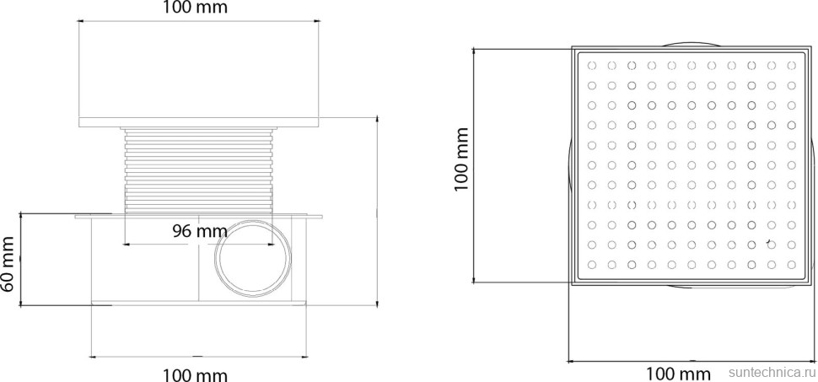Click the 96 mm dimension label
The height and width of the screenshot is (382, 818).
[x=200, y=230]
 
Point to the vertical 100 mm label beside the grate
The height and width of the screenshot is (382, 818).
[x=462, y=165]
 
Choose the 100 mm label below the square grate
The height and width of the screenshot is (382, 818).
[x=677, y=373]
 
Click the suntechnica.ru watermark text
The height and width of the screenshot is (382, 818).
[x=771, y=372]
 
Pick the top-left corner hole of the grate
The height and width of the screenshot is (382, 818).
[x=591, y=65]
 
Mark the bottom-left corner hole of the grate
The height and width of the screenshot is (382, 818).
[x=591, y=266]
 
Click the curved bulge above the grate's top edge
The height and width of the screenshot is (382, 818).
[x=689, y=44]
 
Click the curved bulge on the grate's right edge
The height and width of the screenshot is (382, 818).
[x=813, y=165]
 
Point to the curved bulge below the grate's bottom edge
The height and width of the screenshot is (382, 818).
[x=689, y=288]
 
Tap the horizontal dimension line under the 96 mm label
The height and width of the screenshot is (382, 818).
[x=200, y=245]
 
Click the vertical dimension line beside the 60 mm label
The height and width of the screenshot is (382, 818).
[x=23, y=261]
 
